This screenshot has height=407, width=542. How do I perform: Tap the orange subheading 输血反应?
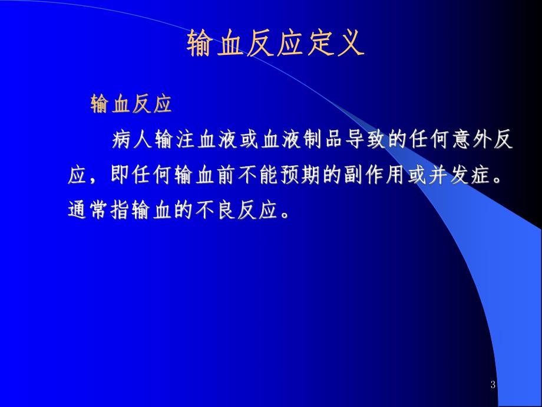(131, 104)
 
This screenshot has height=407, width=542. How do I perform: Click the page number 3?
(493, 385)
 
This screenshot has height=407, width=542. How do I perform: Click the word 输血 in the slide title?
(214, 44)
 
